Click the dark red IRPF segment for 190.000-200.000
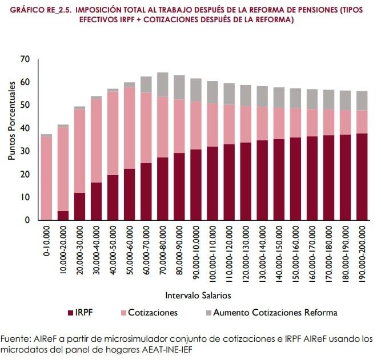(362, 177)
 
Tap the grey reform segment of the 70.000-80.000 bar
(162, 84)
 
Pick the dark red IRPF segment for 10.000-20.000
(63, 216)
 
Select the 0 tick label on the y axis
(26, 220)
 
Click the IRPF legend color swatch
(71, 313)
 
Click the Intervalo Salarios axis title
(198, 296)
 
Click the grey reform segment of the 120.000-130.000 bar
(246, 95)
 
